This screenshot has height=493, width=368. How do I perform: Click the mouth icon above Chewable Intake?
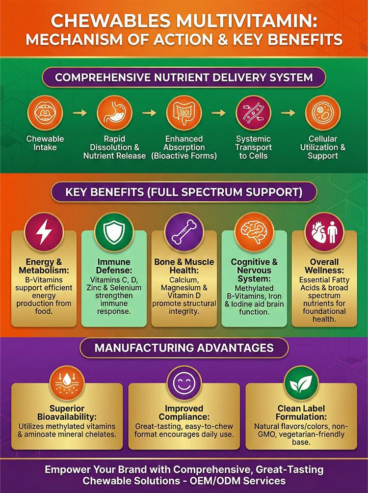[x=45, y=113]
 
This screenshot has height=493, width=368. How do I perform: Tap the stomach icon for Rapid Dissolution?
[x=114, y=113]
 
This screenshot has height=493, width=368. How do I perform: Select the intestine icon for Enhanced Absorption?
[x=184, y=113]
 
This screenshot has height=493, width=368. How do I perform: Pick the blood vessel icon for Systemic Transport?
[x=253, y=113]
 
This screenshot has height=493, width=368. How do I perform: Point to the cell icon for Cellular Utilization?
[x=323, y=113]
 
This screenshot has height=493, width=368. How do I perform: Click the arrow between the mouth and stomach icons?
[x=80, y=112]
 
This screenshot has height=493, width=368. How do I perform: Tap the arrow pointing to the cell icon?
[x=288, y=112]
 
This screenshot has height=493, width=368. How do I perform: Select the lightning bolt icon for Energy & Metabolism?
[x=44, y=232]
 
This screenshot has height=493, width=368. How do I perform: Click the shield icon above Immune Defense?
[x=114, y=232]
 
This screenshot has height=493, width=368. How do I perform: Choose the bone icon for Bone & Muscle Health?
[x=184, y=232]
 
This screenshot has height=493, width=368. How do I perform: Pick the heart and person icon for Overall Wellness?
[x=324, y=232]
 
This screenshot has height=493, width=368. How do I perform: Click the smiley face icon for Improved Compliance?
[x=184, y=383]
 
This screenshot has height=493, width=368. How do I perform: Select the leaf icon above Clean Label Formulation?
[x=301, y=383]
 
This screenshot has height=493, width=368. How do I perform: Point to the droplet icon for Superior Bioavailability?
[x=67, y=383]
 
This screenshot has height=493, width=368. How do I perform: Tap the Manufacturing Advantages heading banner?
[x=184, y=348]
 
